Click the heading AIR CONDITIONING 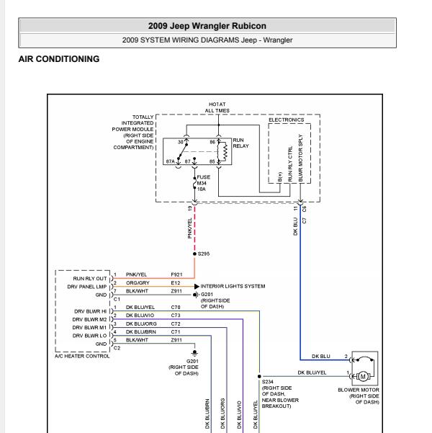pos(59,59)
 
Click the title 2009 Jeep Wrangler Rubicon pos(207,26)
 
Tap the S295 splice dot pos(194,254)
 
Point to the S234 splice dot pos(259,376)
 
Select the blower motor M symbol pos(363,376)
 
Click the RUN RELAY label pos(240,143)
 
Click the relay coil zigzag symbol pos(225,152)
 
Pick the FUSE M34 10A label pos(204,183)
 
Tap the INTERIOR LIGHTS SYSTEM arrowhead pos(197,286)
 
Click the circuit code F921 pos(176,274)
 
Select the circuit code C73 pos(176,316)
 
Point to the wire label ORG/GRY pos(138,282)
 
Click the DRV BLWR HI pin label pos(90,311)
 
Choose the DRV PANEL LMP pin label pos(87,287)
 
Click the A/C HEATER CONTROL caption pos(82,356)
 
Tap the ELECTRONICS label pos(287,120)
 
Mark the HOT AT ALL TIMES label pos(217,107)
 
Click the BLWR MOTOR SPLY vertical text pos(301,158)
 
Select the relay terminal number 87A pos(171,161)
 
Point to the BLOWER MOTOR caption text pos(359,390)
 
